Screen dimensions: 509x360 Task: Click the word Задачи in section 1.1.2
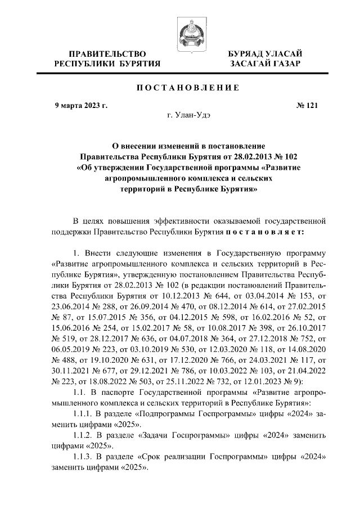click(x=160, y=435)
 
